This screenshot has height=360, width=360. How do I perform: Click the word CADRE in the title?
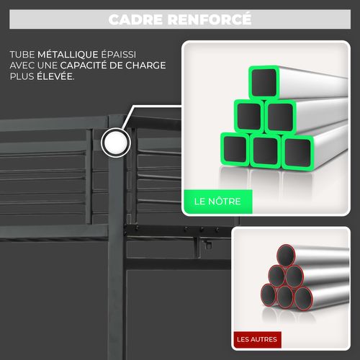pyautogui.click(x=135, y=19)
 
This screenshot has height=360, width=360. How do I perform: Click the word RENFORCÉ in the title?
pyautogui.click(x=210, y=19)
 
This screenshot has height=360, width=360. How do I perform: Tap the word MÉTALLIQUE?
pyautogui.click(x=68, y=54)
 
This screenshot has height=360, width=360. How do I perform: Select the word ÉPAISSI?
pyautogui.click(x=118, y=54)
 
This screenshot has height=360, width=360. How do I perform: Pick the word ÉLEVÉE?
pyautogui.click(x=55, y=76)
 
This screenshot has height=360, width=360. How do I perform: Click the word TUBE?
pyautogui.click(x=22, y=55)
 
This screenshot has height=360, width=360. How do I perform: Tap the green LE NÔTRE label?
pyautogui.click(x=217, y=202)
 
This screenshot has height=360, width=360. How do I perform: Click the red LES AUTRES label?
pyautogui.click(x=257, y=339)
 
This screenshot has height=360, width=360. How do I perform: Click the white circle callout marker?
pyautogui.click(x=116, y=143)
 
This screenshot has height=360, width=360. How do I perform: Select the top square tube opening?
pyautogui.click(x=264, y=82)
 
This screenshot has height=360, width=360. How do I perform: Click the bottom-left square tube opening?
pyautogui.click(x=235, y=150)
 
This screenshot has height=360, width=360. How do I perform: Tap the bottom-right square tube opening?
pyautogui.click(x=297, y=153)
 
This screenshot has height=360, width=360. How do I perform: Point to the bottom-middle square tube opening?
pyautogui.click(x=265, y=150)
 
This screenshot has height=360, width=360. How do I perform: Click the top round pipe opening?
pyautogui.click(x=286, y=256)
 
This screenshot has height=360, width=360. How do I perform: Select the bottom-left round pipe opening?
pyautogui.click(x=269, y=295)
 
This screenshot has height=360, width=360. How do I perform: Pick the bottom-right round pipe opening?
pyautogui.click(x=303, y=299)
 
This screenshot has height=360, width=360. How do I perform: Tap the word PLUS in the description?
pyautogui.click(x=22, y=76)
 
